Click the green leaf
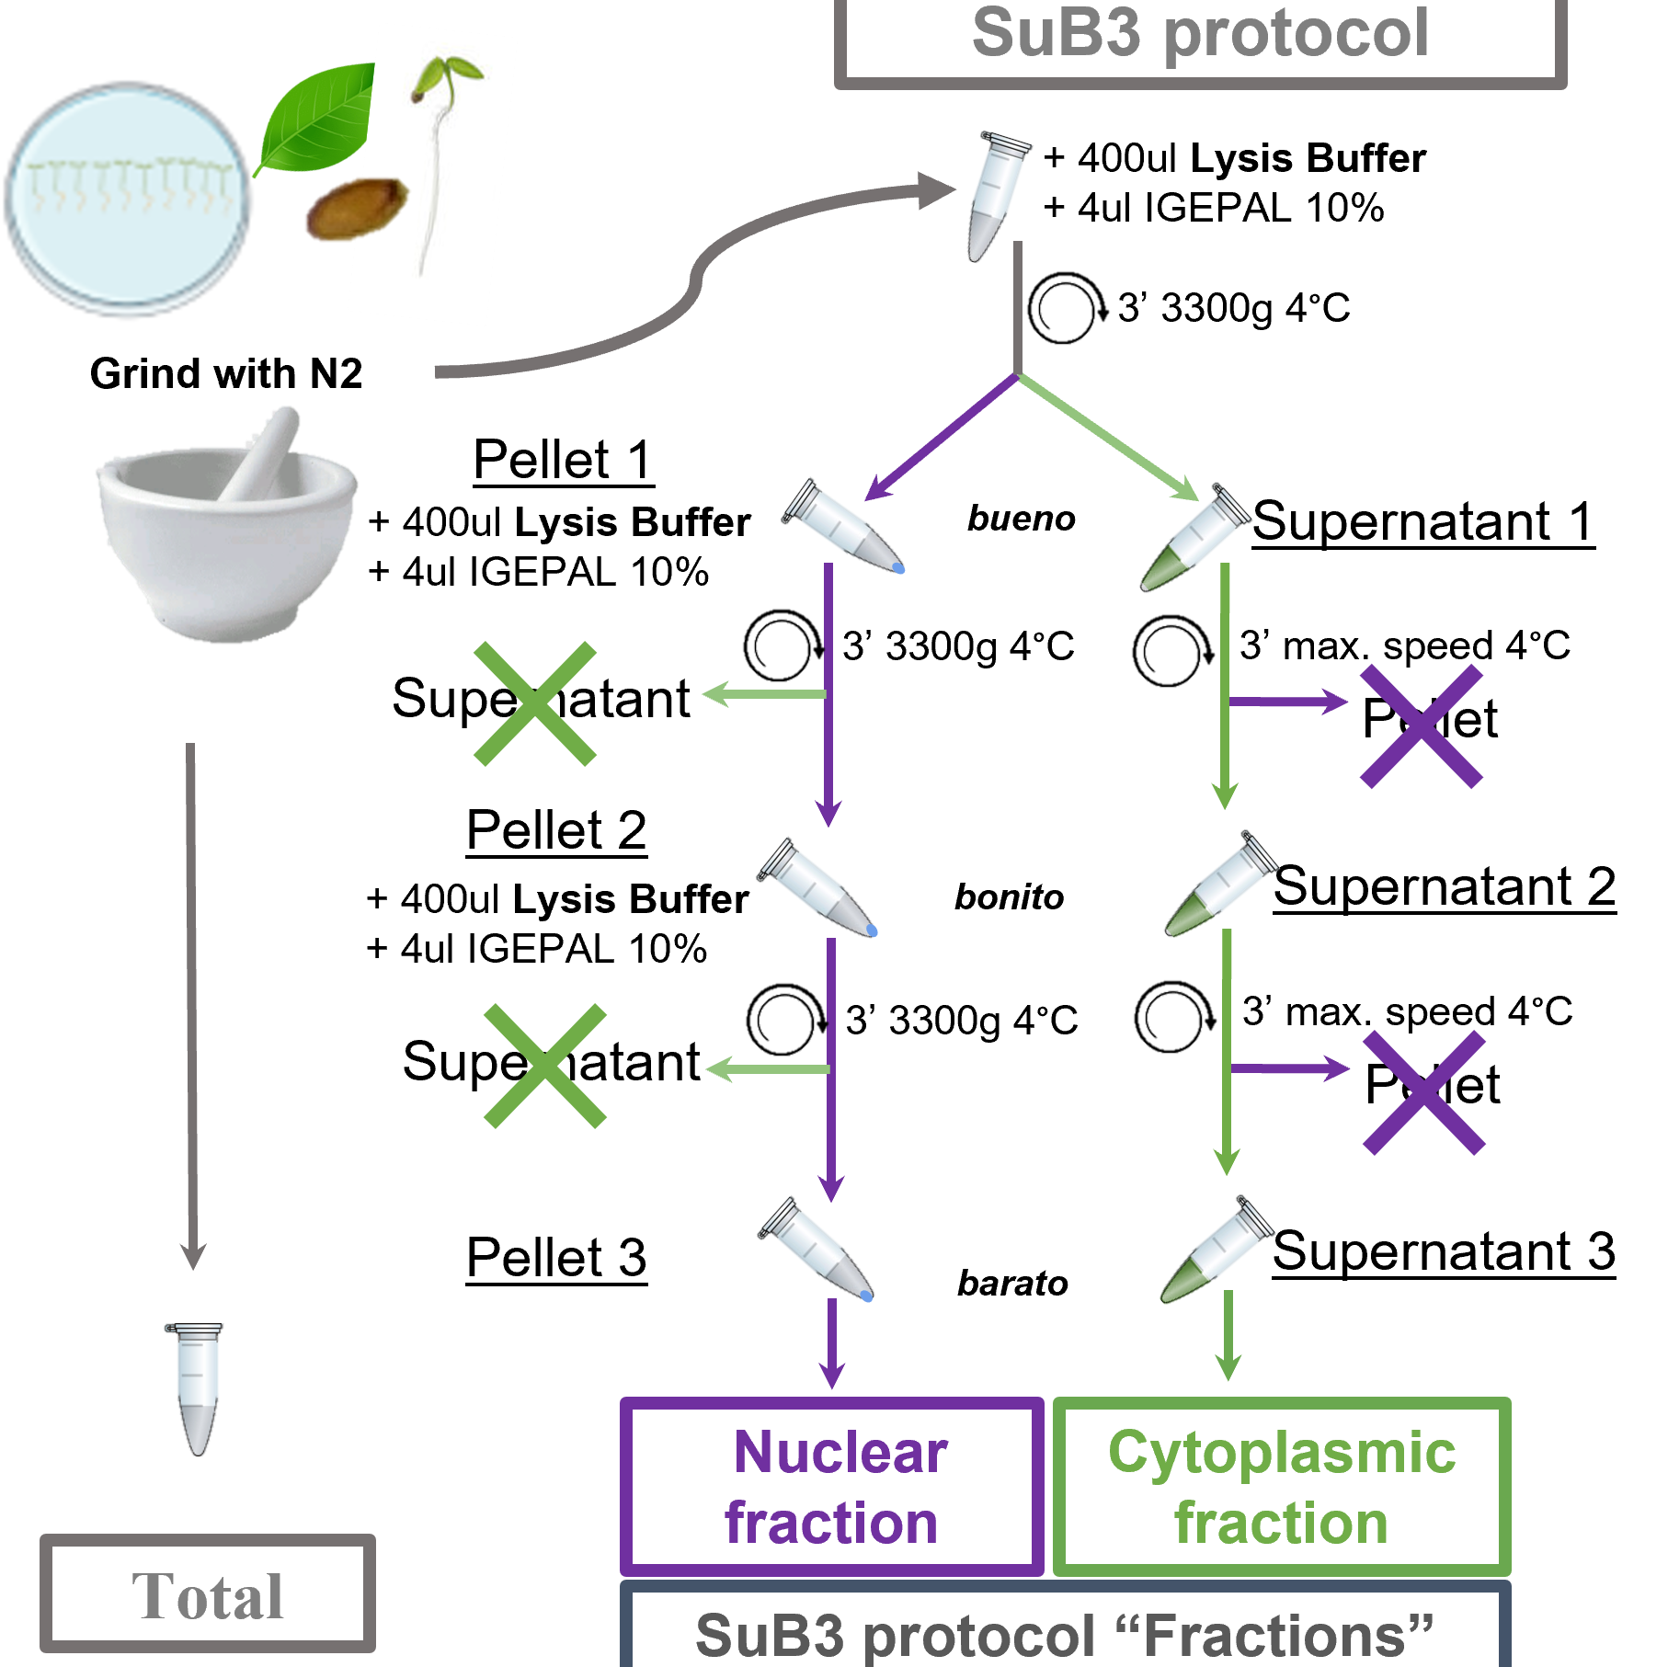pos(317,118)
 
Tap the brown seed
pos(355,210)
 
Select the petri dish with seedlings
pos(129,198)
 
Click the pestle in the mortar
pos(266,451)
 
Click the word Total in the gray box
pos(207,1596)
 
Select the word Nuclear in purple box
pos(840,1453)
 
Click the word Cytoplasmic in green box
pos(1281,1453)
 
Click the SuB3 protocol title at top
pos(1199,33)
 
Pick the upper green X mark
pos(534,703)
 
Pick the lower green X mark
pos(544,1066)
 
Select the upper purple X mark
pos(1421,726)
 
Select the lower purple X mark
pos(1423,1092)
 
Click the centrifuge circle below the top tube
pos(1066,312)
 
